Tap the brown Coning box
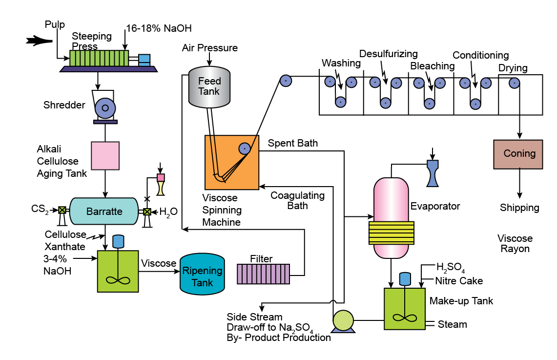click(x=518, y=154)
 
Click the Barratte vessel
click(x=103, y=211)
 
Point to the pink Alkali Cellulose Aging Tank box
click(x=105, y=156)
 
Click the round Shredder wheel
click(x=105, y=108)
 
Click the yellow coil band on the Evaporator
click(x=391, y=233)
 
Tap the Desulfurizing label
click(x=388, y=53)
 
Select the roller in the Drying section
click(x=514, y=83)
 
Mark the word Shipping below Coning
click(x=519, y=208)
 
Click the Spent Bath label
click(x=293, y=143)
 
